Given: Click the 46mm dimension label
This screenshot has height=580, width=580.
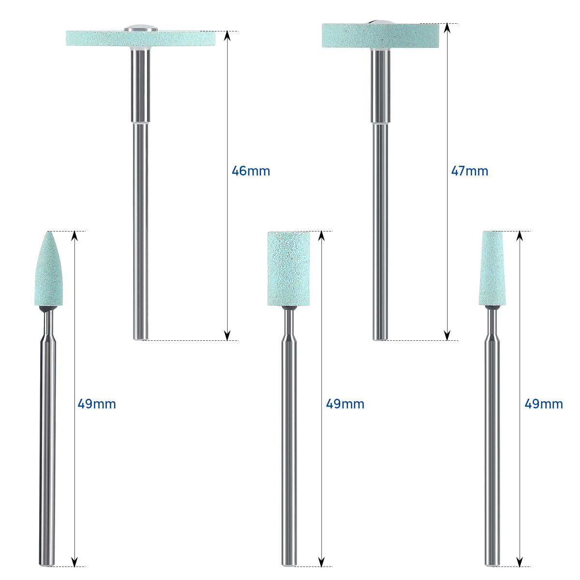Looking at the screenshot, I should click(251, 171).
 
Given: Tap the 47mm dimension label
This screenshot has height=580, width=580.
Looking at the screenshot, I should click(469, 171).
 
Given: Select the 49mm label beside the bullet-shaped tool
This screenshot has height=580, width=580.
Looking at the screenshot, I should click(97, 404).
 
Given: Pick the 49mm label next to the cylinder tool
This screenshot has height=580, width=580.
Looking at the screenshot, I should click(345, 404).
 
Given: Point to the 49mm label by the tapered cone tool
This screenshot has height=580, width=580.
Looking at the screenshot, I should click(544, 404).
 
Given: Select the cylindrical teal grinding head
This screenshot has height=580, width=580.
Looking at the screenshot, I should click(289, 269).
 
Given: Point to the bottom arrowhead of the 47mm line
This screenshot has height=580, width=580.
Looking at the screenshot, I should click(447, 336).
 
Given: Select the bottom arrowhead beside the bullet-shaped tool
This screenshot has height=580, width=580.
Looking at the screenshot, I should click(74, 562).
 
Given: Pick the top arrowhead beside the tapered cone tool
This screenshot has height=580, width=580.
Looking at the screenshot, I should click(520, 235).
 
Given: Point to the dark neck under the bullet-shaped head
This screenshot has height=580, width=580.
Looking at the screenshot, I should click(48, 309).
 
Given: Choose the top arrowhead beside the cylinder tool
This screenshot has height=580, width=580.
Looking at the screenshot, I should click(321, 235).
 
